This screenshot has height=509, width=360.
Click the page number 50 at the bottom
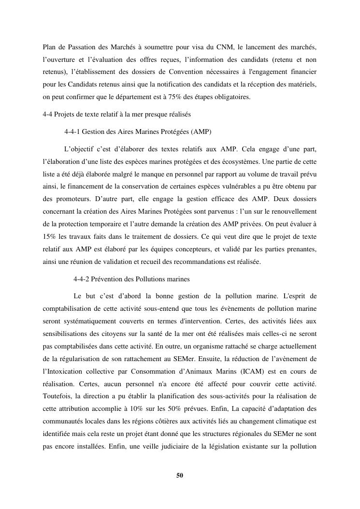180,475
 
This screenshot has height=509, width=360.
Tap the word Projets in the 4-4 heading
64,114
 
